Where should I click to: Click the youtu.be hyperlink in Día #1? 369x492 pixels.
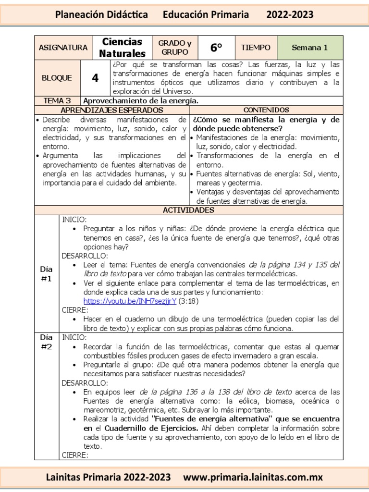click(130, 301)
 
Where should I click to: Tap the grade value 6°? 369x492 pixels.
click(216, 48)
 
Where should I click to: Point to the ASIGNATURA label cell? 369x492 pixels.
click(63, 48)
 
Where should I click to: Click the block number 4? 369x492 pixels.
click(95, 78)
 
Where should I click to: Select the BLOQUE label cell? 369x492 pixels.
click(57, 78)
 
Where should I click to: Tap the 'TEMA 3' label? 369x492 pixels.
click(57, 100)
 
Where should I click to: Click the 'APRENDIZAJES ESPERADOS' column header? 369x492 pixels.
click(111, 110)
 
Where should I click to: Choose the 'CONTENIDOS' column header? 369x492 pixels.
click(266, 110)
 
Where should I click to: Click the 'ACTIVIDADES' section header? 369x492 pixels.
click(188, 210)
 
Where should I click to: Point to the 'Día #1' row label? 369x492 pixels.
click(47, 274)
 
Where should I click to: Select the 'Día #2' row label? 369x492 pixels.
click(47, 342)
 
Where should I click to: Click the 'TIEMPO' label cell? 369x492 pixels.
click(256, 48)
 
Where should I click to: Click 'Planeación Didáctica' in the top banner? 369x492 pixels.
click(102, 14)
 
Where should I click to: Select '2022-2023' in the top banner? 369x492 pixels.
click(290, 14)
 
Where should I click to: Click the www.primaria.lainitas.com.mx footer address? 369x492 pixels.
click(253, 477)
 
